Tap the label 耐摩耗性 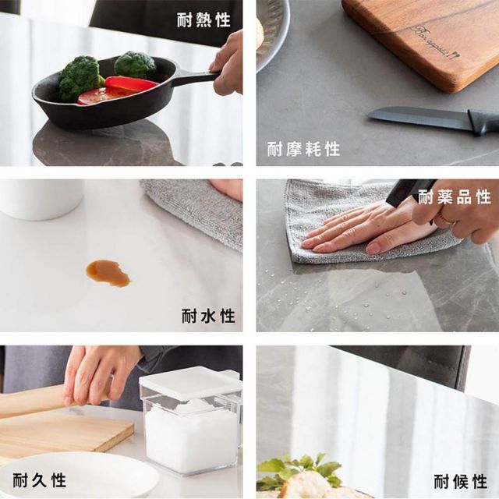[303, 149]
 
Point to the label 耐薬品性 [455, 196]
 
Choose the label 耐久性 [39, 480]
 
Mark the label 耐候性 [460, 480]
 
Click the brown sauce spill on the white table [108, 272]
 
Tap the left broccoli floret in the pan [80, 75]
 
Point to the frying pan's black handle [195, 77]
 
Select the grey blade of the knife [418, 118]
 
